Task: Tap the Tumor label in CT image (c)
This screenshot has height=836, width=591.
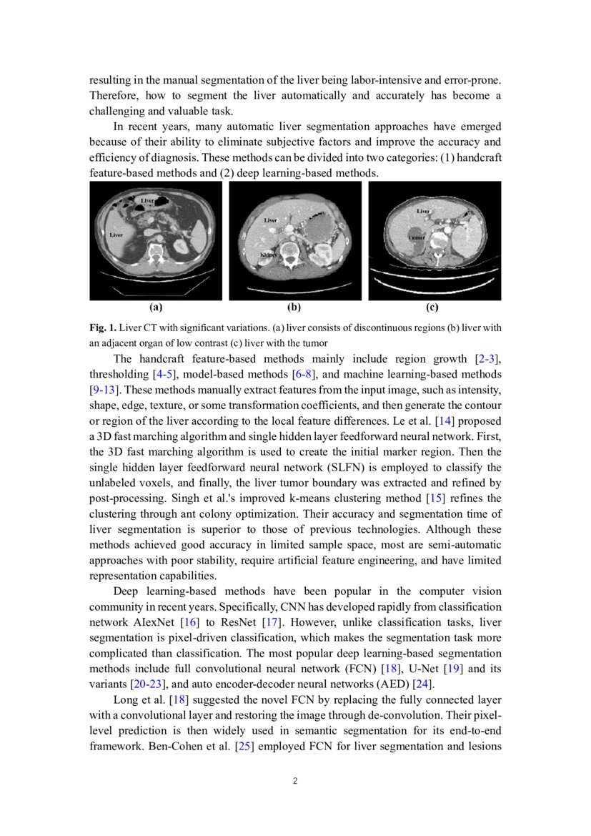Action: pos(417,237)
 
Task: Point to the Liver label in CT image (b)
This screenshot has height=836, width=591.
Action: pos(271,220)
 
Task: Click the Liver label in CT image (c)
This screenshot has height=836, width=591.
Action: pos(423,211)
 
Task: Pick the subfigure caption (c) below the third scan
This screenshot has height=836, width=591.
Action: pos(432,308)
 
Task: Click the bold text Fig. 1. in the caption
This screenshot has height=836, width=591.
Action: pos(102,328)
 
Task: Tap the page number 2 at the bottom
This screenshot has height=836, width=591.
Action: pos(295,780)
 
